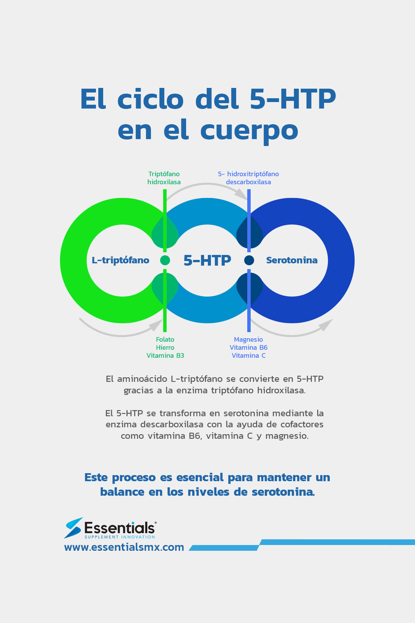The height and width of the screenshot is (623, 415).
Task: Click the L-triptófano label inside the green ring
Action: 120,260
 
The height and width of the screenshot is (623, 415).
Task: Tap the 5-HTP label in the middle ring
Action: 207,260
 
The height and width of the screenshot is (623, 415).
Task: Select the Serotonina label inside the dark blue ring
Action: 292,260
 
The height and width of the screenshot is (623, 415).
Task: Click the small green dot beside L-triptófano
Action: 165,260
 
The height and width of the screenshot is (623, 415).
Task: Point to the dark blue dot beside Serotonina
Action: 249,260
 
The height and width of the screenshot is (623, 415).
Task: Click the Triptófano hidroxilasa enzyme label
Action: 164,178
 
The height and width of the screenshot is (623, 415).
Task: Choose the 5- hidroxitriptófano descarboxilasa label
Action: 248,178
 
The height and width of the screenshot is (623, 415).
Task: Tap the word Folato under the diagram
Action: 165,339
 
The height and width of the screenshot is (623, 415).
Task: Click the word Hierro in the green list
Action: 165,347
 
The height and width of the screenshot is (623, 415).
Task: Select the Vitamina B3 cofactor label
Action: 165,355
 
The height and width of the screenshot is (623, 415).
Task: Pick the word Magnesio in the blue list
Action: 248,340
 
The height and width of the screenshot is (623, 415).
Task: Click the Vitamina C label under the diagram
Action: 249,355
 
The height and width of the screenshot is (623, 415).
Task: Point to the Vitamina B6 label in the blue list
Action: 249,347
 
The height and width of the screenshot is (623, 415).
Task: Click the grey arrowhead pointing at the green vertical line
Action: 156,325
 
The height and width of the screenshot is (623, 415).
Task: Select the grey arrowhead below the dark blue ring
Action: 325,325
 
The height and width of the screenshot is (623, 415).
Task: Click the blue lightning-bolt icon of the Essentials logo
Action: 73,528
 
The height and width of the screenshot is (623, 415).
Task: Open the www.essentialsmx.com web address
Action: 124,547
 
